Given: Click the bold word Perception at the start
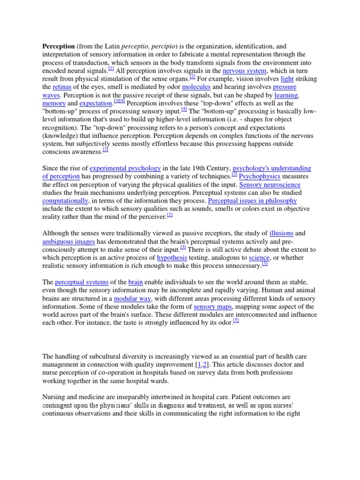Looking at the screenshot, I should coord(59,47).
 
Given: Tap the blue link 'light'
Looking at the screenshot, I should coord(287,79).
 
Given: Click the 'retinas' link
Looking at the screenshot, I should coord(61,87).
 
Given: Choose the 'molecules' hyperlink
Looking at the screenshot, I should coord(196,87).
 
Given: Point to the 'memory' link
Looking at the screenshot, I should coord(54,103).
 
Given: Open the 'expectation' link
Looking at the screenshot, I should coord(96,103).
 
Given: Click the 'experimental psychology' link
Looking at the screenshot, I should coord(125,168).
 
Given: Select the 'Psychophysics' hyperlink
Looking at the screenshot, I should coord(260,176).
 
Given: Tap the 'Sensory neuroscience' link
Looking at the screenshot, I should coord(270,184).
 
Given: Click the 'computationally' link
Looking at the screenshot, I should coord(65,200).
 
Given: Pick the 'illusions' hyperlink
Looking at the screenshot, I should coord(281,233).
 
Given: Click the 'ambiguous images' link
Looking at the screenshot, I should coord(69,241).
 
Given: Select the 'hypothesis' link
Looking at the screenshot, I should coord(172,257).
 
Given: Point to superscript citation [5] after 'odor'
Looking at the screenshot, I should coord(236,321).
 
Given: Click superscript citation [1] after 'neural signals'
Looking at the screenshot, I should coord(111,68).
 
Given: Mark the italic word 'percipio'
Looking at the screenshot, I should coord(163,47).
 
